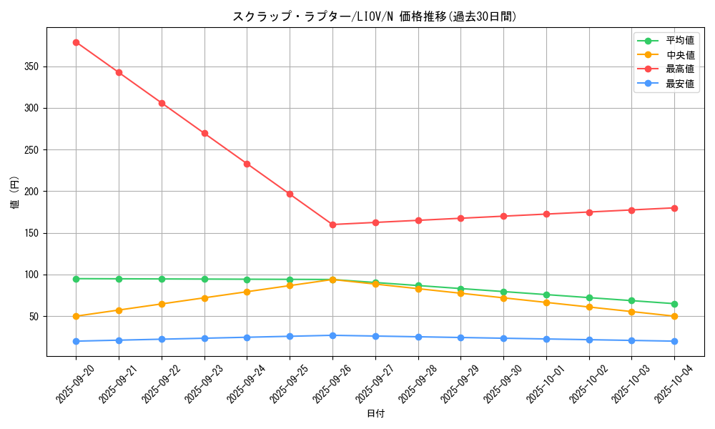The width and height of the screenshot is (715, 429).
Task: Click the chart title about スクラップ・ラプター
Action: (374, 16)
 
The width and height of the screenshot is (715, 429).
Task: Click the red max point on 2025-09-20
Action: (76, 42)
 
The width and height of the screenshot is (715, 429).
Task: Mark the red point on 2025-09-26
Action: (332, 225)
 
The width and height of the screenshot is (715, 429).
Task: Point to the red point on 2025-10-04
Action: (674, 208)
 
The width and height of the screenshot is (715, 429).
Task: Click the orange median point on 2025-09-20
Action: (76, 316)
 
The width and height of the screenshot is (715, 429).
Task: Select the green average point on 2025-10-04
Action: (674, 304)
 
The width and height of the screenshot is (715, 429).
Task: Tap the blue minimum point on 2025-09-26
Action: (332, 335)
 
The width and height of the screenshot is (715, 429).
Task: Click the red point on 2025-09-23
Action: (204, 133)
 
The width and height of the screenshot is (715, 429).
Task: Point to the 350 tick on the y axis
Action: (32, 66)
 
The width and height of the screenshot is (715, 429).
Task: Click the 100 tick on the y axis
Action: (32, 275)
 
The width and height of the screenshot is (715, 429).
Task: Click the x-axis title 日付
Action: (375, 414)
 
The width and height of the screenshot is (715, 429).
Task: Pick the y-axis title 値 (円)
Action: (15, 192)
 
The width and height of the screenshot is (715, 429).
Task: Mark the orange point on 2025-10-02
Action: (589, 307)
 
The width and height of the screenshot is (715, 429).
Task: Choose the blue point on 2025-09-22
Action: (162, 339)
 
